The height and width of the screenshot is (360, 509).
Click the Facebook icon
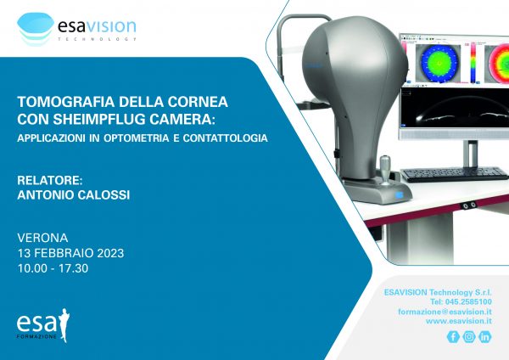(453, 336)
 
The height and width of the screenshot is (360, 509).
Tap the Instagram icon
(469, 336)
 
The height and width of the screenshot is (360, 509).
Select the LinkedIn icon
(485, 336)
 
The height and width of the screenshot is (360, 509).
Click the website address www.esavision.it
(459, 321)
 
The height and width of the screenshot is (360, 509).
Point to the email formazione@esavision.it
(445, 312)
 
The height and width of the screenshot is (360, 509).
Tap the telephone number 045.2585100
(468, 302)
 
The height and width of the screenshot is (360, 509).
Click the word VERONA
(42, 238)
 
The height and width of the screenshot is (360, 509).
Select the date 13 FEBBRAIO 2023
(70, 253)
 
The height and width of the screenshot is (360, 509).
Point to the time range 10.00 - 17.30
(53, 268)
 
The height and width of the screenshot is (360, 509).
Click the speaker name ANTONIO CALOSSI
(74, 195)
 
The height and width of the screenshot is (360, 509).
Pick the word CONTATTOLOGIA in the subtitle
(226, 138)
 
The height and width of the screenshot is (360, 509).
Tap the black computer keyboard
(455, 174)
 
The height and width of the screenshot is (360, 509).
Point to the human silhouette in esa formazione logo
(64, 325)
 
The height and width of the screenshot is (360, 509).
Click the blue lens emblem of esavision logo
(35, 29)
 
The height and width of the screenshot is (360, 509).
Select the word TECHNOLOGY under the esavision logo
(97, 39)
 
